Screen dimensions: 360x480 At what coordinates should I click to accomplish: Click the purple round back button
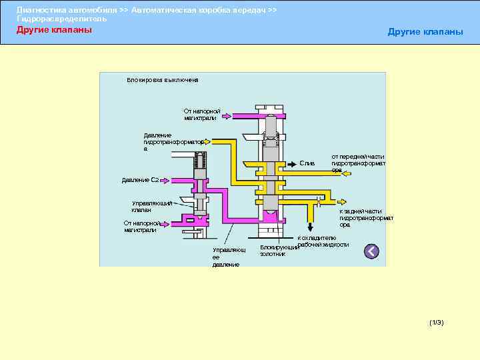coord(371,251)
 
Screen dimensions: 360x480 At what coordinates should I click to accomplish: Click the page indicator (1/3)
coord(437,323)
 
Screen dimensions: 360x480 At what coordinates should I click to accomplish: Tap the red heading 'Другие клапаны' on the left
coord(54,30)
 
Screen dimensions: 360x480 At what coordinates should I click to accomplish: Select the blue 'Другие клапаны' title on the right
coord(425,33)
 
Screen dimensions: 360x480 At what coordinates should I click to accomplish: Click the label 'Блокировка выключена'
coord(163,80)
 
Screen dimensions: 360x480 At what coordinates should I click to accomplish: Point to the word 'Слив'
coord(307,163)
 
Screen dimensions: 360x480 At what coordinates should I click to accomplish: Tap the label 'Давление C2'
coord(139,180)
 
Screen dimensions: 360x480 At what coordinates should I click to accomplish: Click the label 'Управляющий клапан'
coord(151,207)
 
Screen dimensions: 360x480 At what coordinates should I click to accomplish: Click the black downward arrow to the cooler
coord(310,225)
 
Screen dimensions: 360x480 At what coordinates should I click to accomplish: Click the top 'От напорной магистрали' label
coord(202,114)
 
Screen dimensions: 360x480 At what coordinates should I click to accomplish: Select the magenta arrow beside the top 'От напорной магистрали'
coord(227,116)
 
